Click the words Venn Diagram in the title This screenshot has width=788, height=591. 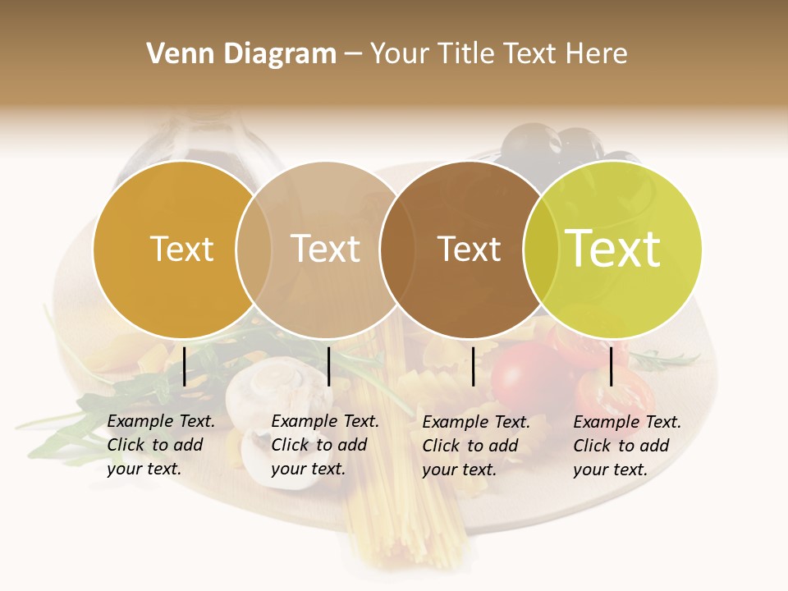click(x=241, y=54)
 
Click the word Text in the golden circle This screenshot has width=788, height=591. click(x=182, y=249)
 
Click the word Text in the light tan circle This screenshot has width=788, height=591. click(x=326, y=249)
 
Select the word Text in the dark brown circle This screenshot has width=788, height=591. click(x=470, y=249)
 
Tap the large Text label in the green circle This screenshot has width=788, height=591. click(x=613, y=249)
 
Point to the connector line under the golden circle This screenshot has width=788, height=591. click(x=185, y=366)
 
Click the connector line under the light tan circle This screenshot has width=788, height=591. click(x=328, y=366)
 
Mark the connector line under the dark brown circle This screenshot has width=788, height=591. click(x=474, y=366)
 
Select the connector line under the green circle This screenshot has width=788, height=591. click(x=612, y=366)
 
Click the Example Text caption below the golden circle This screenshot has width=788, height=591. click(x=161, y=445)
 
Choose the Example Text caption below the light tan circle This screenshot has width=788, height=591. click(x=325, y=445)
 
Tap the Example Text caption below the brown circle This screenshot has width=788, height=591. click(x=476, y=446)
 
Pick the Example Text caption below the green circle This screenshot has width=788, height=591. click(x=627, y=446)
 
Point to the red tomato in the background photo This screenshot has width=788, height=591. click(x=525, y=373)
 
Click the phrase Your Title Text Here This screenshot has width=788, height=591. click(x=498, y=54)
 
